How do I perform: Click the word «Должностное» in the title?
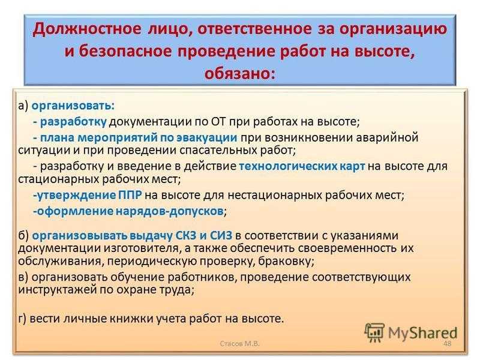pos(87,29)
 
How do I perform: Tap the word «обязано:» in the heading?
pos(239,74)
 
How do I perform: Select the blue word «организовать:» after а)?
pos(73,106)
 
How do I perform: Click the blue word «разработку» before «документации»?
pos(73,122)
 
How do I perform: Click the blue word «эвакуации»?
pos(206,138)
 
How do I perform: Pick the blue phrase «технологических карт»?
pos(302,166)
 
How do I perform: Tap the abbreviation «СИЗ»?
pos(221,236)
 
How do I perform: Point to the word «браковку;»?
pos(286,261)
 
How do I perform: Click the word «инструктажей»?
pos(57,290)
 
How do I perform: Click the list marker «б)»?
pos(23,236)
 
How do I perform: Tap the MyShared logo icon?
pos(374,332)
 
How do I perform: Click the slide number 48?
pos(447,343)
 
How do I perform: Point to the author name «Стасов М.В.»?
pos(239,343)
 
